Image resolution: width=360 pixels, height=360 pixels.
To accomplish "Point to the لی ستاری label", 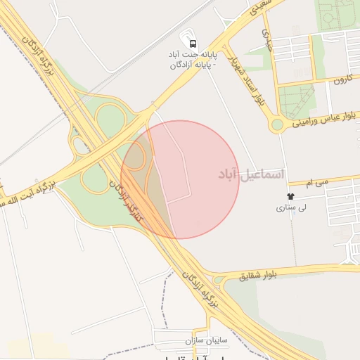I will pyautogui.click(x=291, y=208).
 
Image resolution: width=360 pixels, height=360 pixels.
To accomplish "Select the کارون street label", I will pyautogui.click(x=342, y=80).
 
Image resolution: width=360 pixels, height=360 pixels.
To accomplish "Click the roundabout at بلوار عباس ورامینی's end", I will pyautogui.click(x=277, y=125).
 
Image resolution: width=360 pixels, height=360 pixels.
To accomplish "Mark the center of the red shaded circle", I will pyautogui.click(x=180, y=179).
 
